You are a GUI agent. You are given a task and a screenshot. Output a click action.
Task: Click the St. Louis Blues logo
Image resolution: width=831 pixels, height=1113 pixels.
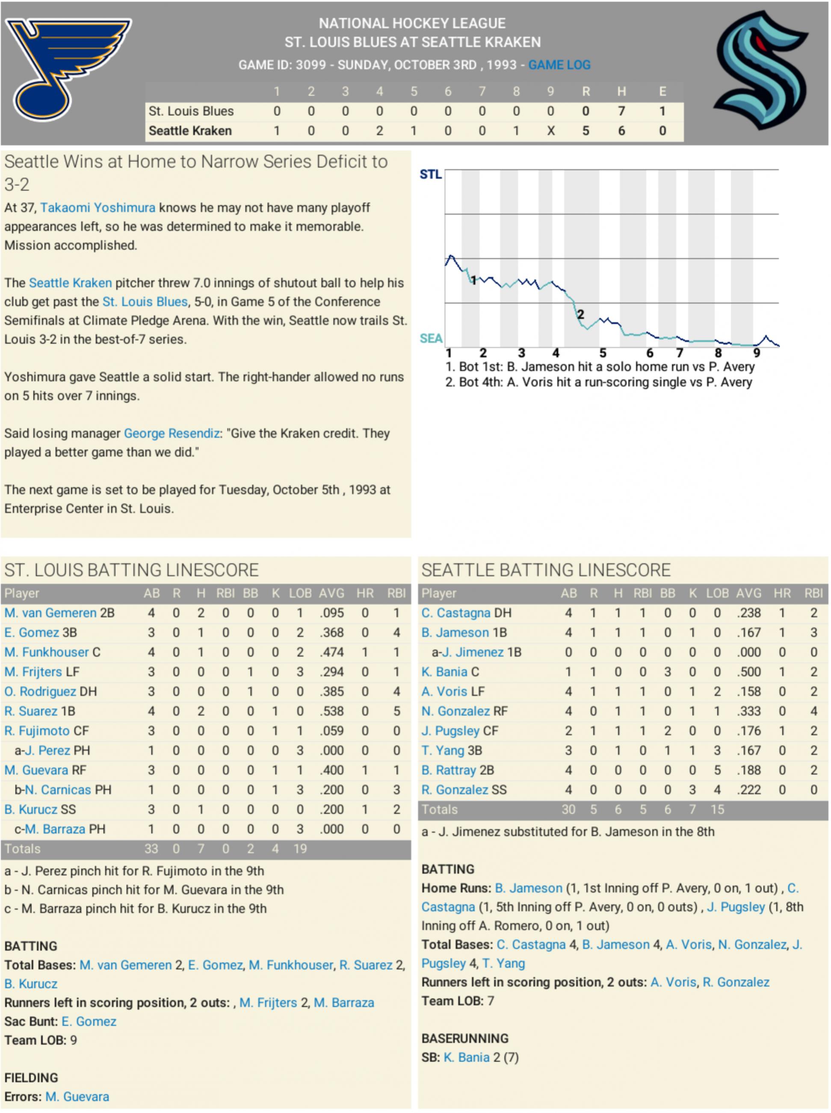[x=68, y=68]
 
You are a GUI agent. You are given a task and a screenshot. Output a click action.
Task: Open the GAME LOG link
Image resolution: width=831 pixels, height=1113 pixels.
[x=559, y=65]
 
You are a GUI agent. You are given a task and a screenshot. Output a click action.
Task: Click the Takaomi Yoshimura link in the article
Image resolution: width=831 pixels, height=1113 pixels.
[x=98, y=208]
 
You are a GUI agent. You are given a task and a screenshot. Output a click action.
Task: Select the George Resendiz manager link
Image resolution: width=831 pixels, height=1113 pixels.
[x=172, y=434]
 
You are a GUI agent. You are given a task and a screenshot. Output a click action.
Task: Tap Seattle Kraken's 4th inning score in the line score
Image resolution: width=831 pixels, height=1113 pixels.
[x=379, y=131]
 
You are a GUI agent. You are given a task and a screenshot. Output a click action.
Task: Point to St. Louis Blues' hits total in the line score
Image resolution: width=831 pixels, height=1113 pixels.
[x=621, y=111]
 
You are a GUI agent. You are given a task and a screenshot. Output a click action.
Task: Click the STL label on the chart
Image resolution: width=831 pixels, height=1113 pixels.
[x=431, y=174]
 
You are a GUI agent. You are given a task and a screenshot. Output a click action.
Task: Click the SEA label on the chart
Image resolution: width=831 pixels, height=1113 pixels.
[x=431, y=339]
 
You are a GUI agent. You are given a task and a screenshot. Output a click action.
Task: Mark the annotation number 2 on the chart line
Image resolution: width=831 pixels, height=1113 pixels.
[x=580, y=315]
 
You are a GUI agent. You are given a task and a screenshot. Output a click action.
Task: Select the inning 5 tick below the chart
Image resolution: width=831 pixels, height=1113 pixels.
[x=603, y=353]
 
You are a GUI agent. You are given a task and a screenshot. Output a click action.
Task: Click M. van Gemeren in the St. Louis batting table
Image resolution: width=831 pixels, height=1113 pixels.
[x=50, y=613]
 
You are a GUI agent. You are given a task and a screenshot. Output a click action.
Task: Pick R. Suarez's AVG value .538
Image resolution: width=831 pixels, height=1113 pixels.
[x=331, y=711]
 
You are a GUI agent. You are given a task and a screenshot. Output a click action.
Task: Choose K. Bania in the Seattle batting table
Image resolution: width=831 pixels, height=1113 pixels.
[x=445, y=672]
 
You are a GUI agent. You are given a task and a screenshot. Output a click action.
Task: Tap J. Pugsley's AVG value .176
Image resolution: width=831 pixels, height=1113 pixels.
[x=748, y=731]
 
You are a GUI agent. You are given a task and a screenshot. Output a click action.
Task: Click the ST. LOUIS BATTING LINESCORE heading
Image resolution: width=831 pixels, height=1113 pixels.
[x=131, y=570]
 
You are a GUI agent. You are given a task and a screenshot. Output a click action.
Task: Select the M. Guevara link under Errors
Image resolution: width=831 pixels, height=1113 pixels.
[x=77, y=1097]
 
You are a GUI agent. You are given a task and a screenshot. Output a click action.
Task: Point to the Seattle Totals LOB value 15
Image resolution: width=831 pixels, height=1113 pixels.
[x=717, y=810]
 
